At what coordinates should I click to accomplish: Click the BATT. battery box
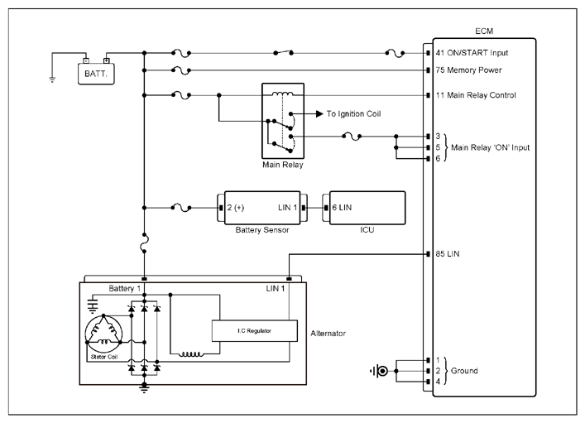(x=96, y=74)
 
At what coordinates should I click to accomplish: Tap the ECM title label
(x=484, y=31)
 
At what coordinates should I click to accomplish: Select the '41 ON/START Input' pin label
(x=472, y=53)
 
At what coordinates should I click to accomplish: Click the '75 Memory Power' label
(x=468, y=70)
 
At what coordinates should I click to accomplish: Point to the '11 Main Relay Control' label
(x=476, y=95)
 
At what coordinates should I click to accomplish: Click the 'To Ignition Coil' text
(x=353, y=114)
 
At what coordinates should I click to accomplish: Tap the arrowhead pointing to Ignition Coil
(x=319, y=113)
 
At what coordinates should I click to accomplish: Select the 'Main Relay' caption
(x=283, y=165)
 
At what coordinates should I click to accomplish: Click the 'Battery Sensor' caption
(x=262, y=230)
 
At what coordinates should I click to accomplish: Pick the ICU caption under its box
(x=367, y=230)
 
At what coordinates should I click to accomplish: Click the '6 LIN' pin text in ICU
(x=342, y=208)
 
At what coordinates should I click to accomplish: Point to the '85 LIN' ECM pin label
(x=448, y=254)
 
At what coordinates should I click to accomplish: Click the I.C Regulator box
(x=255, y=331)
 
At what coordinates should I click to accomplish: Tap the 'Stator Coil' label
(x=104, y=357)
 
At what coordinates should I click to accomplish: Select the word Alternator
(x=328, y=334)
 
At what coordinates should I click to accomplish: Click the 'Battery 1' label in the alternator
(x=125, y=289)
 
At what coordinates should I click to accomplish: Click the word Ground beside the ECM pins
(x=464, y=371)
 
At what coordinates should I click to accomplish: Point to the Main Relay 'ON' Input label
(x=490, y=147)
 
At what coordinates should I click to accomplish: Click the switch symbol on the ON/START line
(x=284, y=52)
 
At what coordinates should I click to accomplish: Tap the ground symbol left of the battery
(x=52, y=79)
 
